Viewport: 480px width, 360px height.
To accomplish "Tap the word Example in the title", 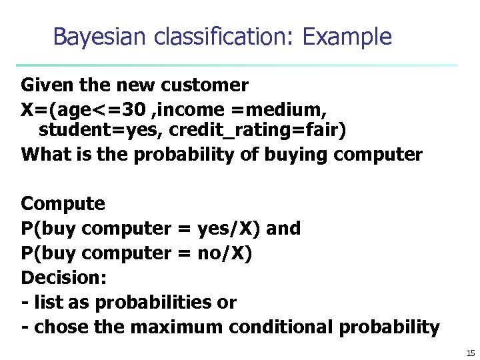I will click(x=347, y=37).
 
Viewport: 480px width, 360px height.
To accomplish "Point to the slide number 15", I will click(x=469, y=353).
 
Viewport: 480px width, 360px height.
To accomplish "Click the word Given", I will click(x=43, y=85).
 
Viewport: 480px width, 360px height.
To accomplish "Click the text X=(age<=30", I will click(x=78, y=108).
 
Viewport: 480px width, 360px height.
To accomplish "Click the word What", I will click(x=43, y=155).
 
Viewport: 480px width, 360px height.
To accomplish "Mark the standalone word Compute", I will click(x=63, y=203).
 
